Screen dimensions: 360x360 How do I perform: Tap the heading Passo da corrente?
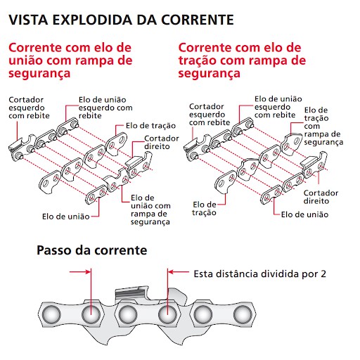click(x=92, y=250)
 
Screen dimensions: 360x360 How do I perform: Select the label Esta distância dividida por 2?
click(x=260, y=274)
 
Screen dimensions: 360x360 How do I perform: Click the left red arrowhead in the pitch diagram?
click(x=88, y=272)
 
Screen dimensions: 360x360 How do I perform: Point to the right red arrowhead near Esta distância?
click(x=171, y=272)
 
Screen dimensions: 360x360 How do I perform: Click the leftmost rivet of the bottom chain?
click(x=51, y=314)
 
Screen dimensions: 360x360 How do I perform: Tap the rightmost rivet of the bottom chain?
click(x=243, y=314)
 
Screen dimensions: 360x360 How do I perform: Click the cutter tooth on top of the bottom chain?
click(x=132, y=293)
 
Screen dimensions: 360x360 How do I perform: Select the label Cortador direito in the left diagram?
click(x=162, y=143)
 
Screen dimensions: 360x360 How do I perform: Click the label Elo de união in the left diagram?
click(x=66, y=217)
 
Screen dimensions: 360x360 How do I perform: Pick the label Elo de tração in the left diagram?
click(x=150, y=126)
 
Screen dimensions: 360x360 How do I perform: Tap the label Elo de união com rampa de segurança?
click(x=150, y=210)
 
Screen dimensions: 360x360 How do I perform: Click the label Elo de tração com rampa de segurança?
click(x=323, y=126)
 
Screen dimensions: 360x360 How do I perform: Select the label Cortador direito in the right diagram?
click(x=321, y=197)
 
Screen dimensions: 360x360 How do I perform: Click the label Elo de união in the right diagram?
click(x=304, y=214)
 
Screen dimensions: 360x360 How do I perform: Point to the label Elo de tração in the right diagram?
click(x=204, y=209)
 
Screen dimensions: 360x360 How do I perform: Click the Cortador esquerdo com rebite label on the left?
click(x=29, y=108)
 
